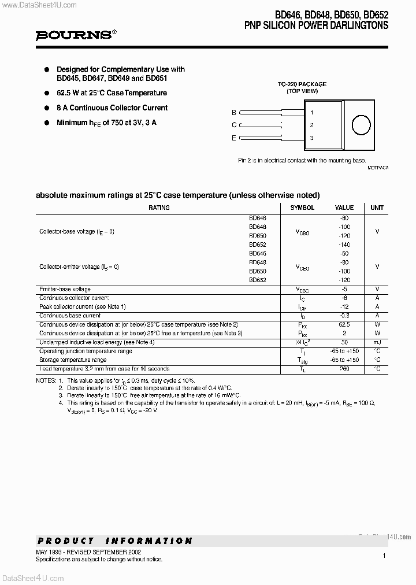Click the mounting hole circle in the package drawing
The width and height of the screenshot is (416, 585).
[361, 125]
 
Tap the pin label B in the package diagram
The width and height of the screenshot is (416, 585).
[234, 113]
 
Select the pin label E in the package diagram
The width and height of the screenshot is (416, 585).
[234, 138]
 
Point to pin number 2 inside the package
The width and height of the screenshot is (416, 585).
[311, 125]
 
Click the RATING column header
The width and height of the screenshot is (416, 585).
[159, 208]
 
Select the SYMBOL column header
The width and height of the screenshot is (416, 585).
[302, 208]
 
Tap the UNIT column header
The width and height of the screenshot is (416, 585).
[377, 208]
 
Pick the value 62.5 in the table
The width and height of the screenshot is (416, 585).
[344, 325]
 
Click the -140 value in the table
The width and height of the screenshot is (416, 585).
[344, 245]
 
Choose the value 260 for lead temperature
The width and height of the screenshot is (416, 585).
[344, 369]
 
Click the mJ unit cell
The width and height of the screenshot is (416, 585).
[377, 343]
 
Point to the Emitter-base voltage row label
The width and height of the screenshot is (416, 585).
[65, 289]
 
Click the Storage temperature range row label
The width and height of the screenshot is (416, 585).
[73, 360]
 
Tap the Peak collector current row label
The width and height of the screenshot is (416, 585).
[82, 306]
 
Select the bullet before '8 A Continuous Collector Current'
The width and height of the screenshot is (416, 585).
[47, 108]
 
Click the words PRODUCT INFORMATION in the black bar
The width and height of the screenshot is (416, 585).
[115, 541]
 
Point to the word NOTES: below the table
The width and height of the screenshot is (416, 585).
[45, 381]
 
